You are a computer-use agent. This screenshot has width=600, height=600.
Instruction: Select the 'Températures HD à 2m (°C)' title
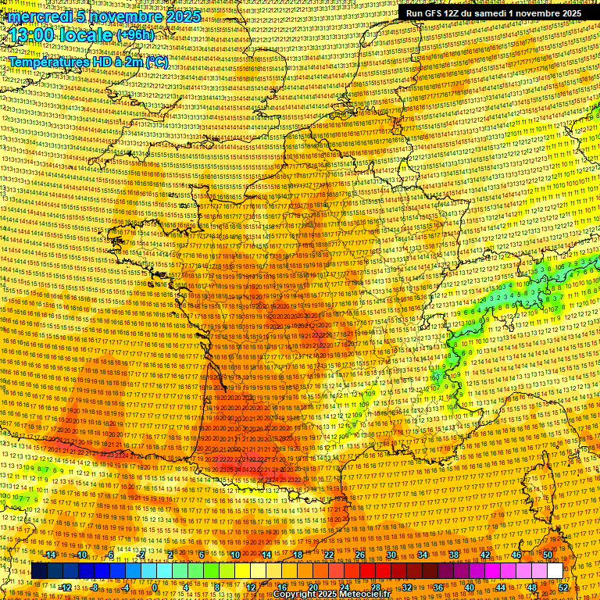[x=88, y=62]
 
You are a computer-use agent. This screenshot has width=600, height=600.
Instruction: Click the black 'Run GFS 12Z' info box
[x=492, y=13]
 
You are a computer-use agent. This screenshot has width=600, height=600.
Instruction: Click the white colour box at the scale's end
[x=555, y=571]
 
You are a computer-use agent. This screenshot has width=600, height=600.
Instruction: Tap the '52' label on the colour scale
[x=564, y=587]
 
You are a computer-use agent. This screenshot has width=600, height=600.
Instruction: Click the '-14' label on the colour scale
[x=51, y=555]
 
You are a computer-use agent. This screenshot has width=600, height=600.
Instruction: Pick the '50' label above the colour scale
[x=548, y=555]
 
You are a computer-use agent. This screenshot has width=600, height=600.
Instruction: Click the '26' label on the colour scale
[x=360, y=555]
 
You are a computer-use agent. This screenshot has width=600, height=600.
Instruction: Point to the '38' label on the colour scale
[x=454, y=555]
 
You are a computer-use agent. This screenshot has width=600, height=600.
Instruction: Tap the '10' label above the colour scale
[x=235, y=555]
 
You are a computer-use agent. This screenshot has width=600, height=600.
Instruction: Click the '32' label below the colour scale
[x=407, y=587]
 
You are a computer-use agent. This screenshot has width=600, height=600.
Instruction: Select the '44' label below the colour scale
[x=501, y=587]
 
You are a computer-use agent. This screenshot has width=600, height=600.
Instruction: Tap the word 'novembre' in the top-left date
[x=124, y=16]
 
